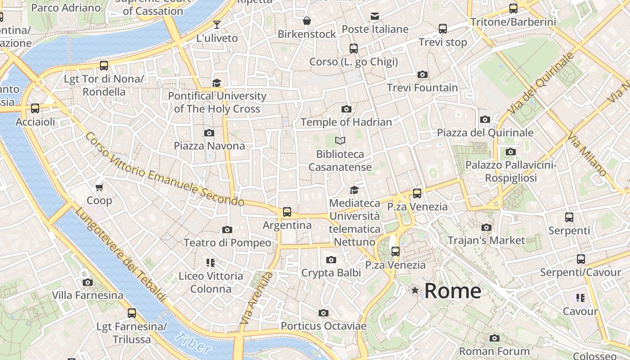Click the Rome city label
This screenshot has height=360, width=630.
coord(453,291)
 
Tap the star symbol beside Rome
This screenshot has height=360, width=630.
coord(415,291)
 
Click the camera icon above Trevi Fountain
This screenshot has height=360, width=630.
coord(423,74)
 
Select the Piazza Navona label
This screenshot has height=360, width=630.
coord(209,146)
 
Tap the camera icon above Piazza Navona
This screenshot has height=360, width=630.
coord(209,133)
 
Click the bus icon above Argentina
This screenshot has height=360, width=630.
coord(287,211)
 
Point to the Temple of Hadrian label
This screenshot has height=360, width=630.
coord(346,122)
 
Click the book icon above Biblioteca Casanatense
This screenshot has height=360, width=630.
coord(340,141)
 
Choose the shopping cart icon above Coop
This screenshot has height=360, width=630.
coord(99,187)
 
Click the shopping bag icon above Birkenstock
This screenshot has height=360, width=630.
coord(307,21)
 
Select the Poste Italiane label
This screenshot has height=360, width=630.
coord(375,29)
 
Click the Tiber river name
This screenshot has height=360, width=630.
coord(193,343)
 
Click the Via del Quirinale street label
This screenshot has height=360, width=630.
coord(541,83)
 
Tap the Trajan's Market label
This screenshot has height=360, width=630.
coord(486,240)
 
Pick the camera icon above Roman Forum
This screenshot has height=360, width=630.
coord(495,338)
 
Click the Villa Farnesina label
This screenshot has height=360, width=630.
coord(88,296)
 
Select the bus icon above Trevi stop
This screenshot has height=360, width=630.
coord(443,29)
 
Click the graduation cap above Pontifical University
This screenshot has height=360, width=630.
coord(217,83)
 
